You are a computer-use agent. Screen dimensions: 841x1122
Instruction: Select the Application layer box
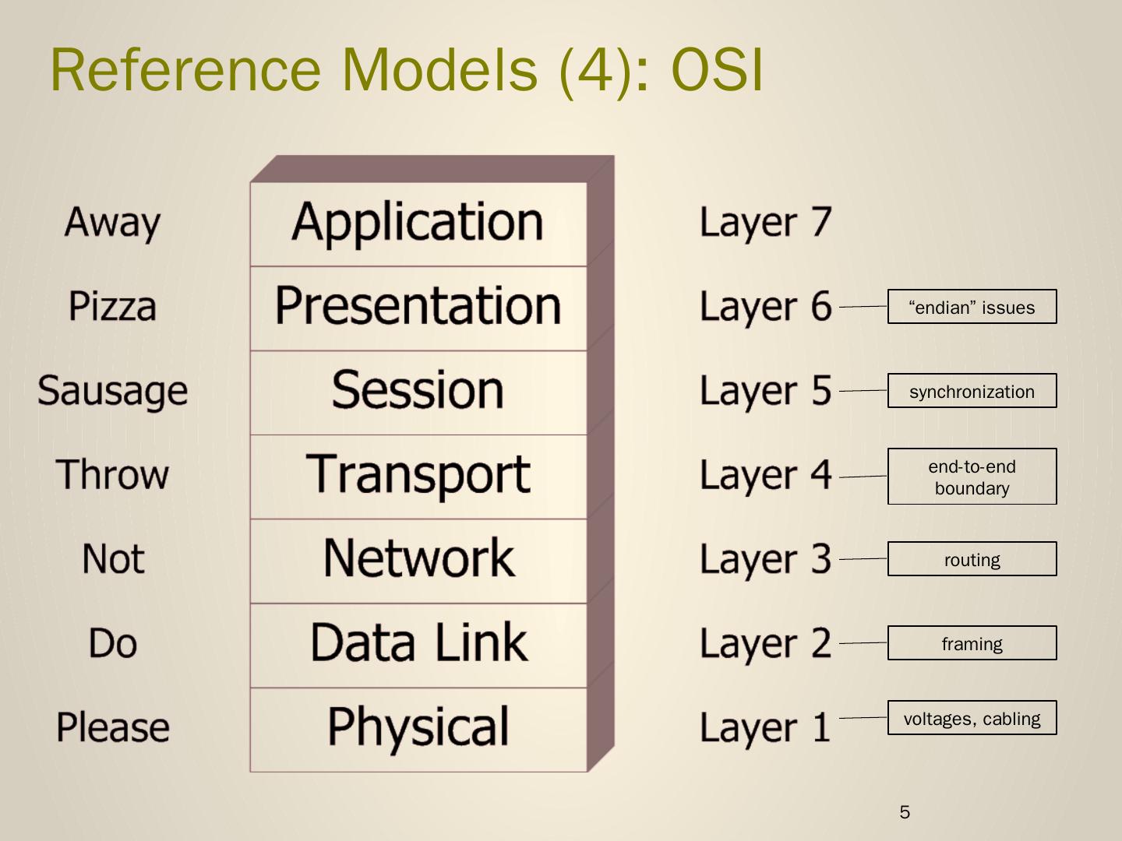(418, 223)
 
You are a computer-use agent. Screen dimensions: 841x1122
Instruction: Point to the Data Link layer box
(418, 644)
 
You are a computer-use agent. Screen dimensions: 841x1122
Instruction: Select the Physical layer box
(418, 728)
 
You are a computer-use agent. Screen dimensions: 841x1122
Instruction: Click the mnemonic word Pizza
(112, 307)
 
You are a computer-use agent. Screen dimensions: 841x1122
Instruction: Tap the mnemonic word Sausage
(112, 391)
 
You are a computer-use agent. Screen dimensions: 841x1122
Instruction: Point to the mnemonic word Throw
(112, 475)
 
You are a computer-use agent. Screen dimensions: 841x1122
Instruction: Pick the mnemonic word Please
(112, 728)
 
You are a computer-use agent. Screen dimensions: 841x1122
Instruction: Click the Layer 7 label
(765, 223)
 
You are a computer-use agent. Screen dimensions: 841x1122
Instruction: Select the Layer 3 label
(765, 560)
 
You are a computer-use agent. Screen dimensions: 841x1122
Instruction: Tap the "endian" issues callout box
(972, 307)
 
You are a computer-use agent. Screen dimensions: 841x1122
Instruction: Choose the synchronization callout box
(972, 391)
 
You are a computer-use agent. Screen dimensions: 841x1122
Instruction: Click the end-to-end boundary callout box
(972, 477)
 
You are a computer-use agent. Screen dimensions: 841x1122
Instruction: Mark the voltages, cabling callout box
(972, 718)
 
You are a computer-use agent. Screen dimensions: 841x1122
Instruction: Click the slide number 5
(905, 812)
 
